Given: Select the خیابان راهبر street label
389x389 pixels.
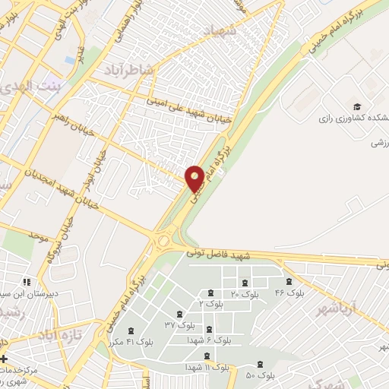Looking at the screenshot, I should (x=74, y=124).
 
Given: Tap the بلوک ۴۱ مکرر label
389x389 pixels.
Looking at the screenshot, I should (x=133, y=341).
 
